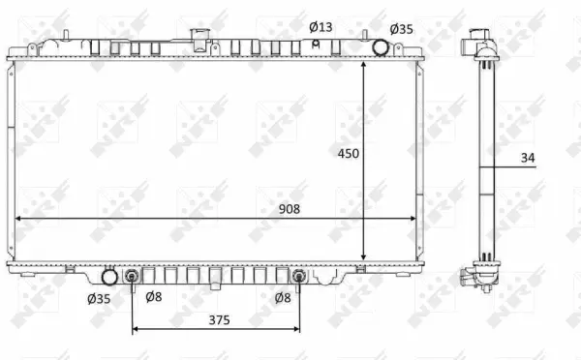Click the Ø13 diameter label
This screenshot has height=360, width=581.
321,26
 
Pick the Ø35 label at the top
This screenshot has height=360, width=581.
401,29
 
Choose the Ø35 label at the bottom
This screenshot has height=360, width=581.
99,298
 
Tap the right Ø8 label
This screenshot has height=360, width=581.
283,298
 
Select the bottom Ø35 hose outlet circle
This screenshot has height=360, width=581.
110,278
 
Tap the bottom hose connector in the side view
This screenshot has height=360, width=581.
473,279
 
